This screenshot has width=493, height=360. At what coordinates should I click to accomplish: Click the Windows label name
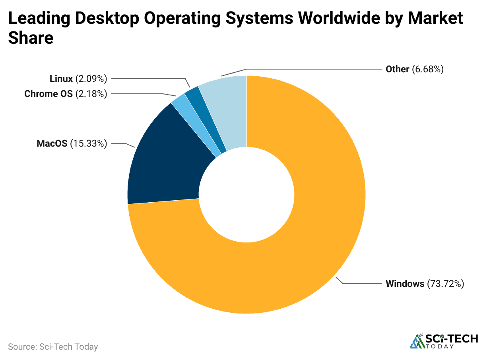405,284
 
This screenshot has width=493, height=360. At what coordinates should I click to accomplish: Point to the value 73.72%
445,284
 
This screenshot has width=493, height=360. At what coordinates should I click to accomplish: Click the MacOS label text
52,143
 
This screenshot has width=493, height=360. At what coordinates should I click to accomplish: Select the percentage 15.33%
89,143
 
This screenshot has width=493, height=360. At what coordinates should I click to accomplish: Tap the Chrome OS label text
48,94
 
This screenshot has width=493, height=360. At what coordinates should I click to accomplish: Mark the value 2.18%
91,94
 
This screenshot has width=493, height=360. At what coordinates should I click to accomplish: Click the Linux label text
61,79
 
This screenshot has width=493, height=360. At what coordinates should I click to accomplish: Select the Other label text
397,69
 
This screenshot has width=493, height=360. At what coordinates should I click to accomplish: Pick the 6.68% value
427,69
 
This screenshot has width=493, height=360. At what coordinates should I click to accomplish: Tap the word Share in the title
31,38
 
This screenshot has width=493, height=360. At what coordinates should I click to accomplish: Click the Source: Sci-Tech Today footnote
53,346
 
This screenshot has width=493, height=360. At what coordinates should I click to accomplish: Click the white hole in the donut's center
246,195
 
